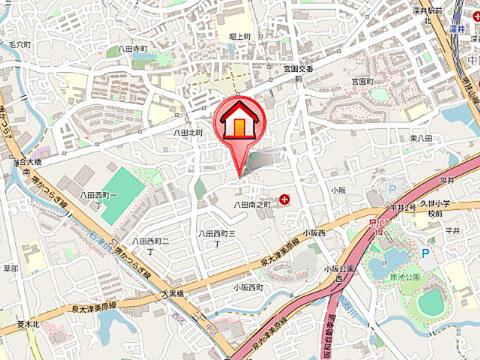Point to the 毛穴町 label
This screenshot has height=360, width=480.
20,45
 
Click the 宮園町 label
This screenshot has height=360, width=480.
362,80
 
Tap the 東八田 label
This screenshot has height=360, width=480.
421,139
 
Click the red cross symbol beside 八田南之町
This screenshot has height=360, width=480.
284,199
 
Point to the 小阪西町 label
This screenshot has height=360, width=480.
247,287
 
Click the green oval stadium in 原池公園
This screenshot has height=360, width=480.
430,302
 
